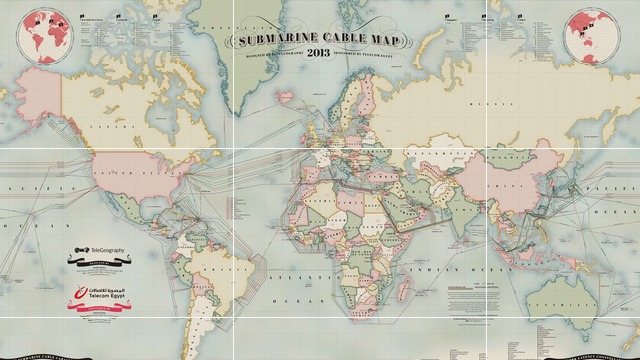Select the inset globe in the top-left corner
[41, 36]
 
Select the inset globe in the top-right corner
[591, 36]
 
